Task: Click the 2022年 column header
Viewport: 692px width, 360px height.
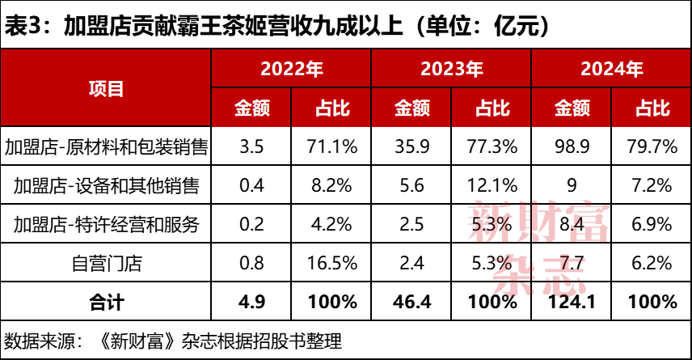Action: click(x=291, y=69)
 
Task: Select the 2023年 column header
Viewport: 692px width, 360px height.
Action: click(x=452, y=69)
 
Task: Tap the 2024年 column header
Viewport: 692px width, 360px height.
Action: click(x=612, y=69)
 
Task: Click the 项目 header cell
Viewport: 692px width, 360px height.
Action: click(x=106, y=87)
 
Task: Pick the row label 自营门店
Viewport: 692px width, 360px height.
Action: click(x=106, y=263)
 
